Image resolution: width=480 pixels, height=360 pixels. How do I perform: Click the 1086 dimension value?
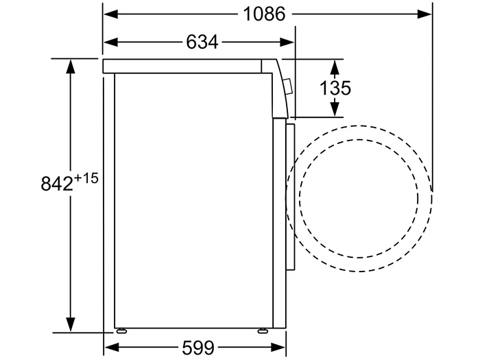265,14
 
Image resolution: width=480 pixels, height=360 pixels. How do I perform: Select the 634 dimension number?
202,42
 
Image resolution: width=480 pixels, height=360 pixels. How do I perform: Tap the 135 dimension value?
335,88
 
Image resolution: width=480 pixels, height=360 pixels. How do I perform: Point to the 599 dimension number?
198,347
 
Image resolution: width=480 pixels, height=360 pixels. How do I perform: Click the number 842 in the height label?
57,184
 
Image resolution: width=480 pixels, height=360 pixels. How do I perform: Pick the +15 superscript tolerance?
86,178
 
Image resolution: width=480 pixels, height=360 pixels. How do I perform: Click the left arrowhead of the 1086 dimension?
111,14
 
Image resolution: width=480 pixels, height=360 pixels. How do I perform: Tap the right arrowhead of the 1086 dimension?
424,14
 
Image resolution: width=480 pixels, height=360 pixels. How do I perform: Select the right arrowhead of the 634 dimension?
287,43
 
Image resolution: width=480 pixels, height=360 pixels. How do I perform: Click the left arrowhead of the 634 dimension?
111,43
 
